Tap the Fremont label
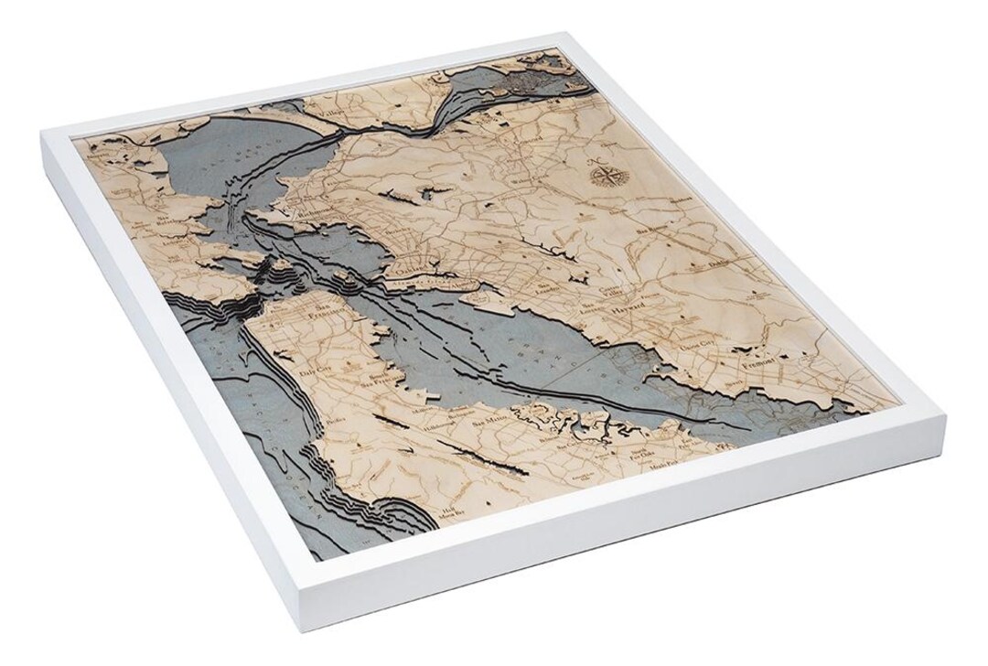pyautogui.click(x=764, y=362)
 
